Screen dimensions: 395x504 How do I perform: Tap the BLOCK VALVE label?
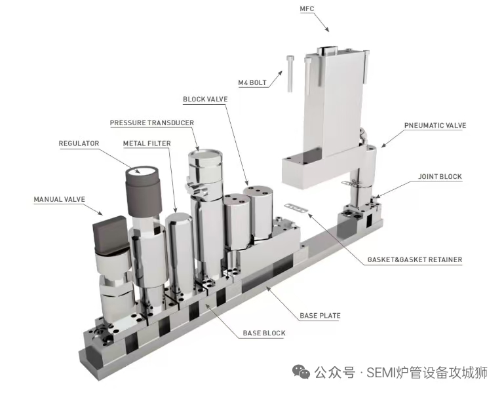tap(205, 99)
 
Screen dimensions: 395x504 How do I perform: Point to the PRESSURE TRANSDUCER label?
tap(151, 122)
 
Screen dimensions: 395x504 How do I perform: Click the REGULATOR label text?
tap(79, 143)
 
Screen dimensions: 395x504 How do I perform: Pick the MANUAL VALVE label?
tap(60, 198)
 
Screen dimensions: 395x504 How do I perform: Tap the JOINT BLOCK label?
tap(440, 176)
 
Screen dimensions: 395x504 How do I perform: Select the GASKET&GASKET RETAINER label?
tap(415, 259)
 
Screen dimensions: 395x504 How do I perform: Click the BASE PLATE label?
tap(320, 316)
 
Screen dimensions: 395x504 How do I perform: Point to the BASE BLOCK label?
tap(264, 333)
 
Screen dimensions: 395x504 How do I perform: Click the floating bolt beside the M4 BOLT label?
tap(289, 71)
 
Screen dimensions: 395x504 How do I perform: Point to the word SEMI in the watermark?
tap(380, 373)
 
